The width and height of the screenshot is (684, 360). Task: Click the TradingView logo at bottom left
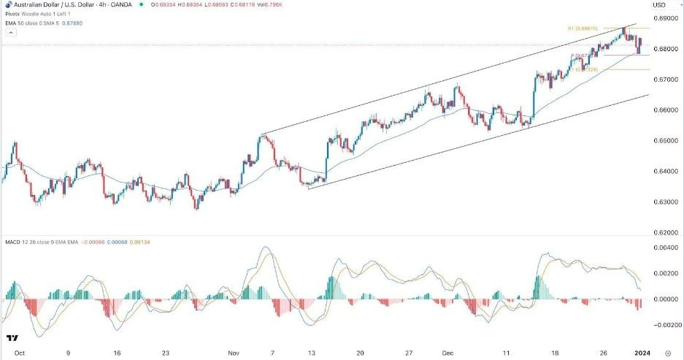coord(12,339)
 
